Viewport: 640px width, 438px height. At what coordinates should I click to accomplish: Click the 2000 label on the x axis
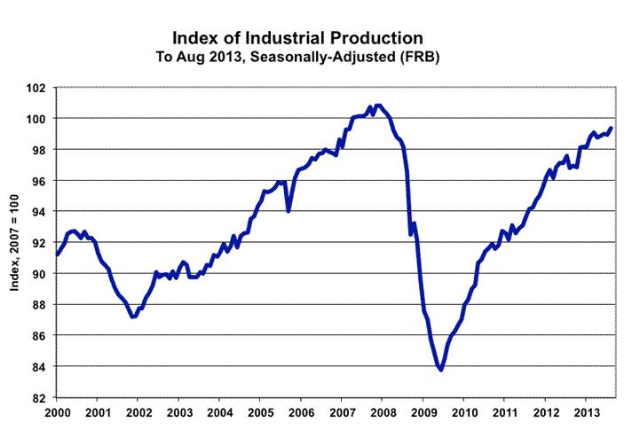57,413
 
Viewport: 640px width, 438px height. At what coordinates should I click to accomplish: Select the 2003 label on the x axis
179,413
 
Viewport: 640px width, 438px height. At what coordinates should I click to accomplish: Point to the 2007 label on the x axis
343,413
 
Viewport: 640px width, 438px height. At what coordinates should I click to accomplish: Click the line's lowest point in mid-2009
440,370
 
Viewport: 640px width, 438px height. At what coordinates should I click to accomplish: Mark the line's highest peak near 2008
379,106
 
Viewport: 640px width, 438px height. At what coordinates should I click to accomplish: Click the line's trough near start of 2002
133,317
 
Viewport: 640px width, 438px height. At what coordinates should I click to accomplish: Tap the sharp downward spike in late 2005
288,211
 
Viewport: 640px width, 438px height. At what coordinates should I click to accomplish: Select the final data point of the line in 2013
612,128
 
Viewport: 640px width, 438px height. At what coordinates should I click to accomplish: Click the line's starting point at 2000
57,255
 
